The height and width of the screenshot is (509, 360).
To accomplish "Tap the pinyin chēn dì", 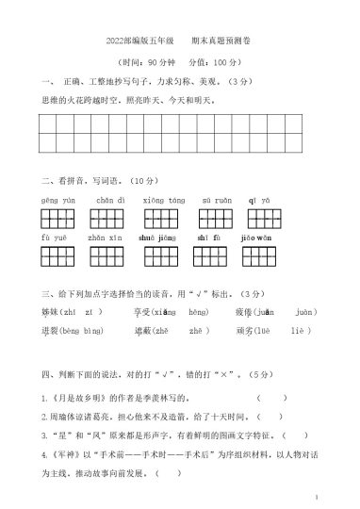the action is [109, 201].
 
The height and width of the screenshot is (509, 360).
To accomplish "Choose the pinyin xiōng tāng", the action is [163, 201].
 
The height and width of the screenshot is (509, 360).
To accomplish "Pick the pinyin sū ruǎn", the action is [217, 201].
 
